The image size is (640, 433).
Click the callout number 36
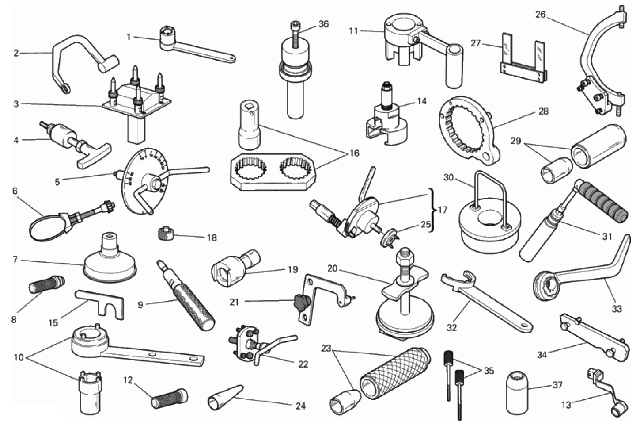(323, 24)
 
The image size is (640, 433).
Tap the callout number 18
(212, 238)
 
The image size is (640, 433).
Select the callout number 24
(300, 406)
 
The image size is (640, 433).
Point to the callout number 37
(557, 385)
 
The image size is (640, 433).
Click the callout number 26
(540, 15)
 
